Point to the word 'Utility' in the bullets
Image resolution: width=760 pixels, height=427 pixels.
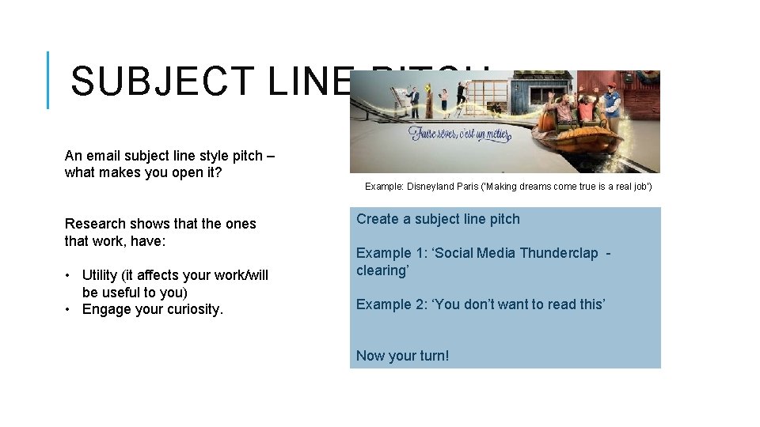100,275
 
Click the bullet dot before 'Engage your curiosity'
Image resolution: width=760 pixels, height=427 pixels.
70,309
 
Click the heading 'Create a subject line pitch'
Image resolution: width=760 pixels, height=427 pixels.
438,219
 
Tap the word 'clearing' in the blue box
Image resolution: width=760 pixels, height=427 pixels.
381,270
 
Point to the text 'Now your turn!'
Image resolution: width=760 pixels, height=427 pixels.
402,356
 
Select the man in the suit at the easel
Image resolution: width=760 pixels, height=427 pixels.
412,98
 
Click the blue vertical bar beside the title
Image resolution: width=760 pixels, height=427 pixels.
48,80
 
